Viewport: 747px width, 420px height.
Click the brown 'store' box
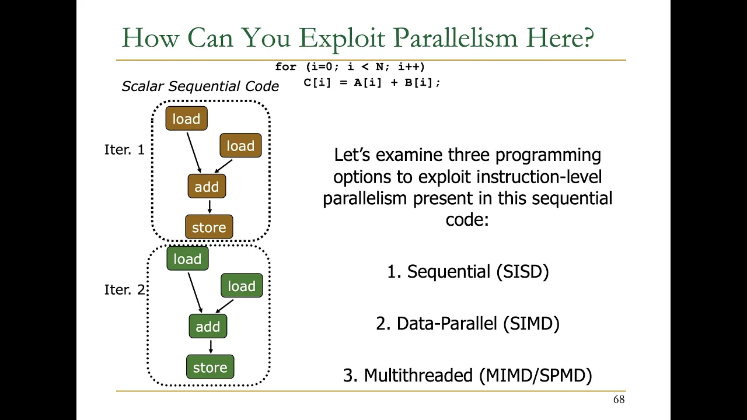(209, 227)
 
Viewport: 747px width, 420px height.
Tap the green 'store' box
(210, 367)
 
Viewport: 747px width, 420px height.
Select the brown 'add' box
(207, 186)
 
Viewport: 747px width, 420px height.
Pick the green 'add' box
(208, 326)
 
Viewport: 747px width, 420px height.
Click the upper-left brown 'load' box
(186, 118)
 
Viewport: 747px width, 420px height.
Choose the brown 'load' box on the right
(240, 145)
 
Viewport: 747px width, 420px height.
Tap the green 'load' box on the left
(187, 258)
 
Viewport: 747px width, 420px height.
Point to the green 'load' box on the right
(242, 285)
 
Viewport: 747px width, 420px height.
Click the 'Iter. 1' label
(124, 150)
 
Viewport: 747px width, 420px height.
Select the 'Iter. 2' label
(124, 290)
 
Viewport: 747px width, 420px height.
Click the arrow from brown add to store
(210, 206)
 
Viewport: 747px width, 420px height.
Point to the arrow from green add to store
(211, 346)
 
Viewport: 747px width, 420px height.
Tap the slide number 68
(619, 400)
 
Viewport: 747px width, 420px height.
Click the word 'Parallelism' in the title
(455, 38)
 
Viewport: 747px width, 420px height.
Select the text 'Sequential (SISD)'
(477, 271)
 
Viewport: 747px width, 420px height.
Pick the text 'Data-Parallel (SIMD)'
(478, 323)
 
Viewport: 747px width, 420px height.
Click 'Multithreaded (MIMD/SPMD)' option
(478, 375)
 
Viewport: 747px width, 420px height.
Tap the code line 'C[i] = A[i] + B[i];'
(372, 82)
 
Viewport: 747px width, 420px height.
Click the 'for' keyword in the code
(285, 66)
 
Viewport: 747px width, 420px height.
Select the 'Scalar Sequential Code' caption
(200, 86)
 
